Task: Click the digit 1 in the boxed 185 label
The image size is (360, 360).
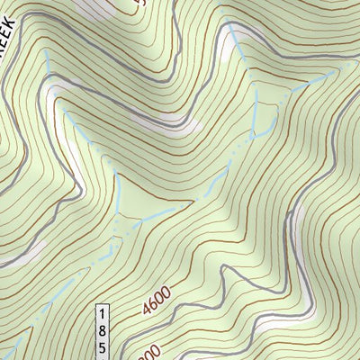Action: [x=102, y=311]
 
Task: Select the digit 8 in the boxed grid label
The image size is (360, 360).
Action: [x=102, y=328]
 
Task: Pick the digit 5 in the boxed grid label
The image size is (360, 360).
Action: [x=102, y=346]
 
